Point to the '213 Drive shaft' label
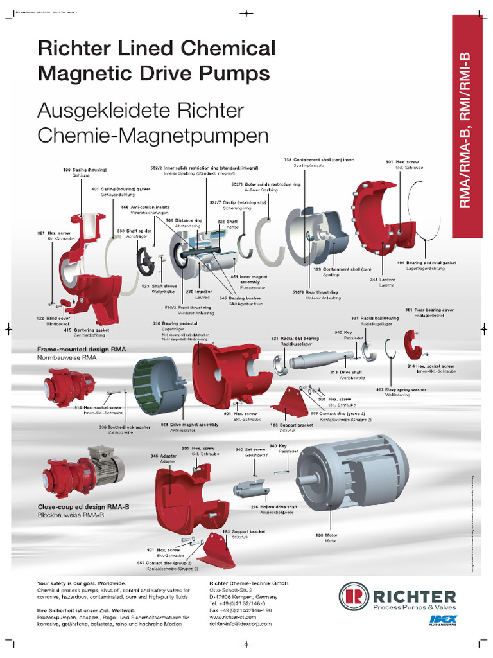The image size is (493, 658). tap(346, 372)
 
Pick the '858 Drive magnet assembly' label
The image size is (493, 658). tap(189, 425)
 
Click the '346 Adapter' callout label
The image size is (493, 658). tap(162, 456)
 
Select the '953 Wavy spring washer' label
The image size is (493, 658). tap(401, 389)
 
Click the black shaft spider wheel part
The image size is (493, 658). tap(146, 260)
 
